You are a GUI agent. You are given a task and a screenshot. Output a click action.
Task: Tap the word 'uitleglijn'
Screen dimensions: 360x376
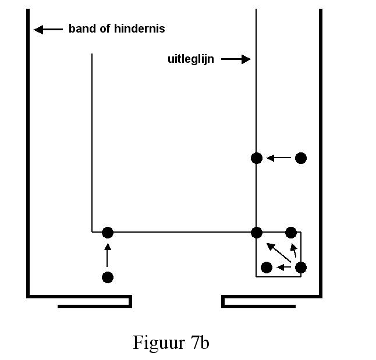190,59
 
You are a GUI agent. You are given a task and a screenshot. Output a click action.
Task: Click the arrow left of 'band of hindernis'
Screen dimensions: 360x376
48,29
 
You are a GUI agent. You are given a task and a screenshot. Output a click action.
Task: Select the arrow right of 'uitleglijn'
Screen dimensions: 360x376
235,59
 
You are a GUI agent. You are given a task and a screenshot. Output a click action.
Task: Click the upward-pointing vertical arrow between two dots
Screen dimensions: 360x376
107,255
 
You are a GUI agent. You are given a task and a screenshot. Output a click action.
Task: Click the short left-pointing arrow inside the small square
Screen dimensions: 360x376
284,268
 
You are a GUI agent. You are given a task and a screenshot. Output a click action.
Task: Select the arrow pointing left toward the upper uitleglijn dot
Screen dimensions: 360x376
278,158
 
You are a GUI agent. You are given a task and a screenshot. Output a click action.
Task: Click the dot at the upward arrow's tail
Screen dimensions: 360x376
107,277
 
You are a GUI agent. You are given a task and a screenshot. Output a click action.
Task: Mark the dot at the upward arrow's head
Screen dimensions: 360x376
107,233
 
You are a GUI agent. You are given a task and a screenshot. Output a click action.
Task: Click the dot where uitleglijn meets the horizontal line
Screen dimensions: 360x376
257,233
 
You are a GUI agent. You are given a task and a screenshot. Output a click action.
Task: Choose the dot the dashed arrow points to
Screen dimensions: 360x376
291,233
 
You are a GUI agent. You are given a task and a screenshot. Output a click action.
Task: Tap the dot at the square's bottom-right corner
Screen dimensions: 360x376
300,268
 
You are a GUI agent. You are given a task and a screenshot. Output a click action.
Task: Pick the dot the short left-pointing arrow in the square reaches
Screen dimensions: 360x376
267,268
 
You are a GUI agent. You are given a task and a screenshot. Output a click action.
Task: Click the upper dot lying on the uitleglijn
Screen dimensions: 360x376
257,158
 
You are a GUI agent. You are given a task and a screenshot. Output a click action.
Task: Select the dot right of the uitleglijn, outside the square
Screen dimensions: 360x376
300,158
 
